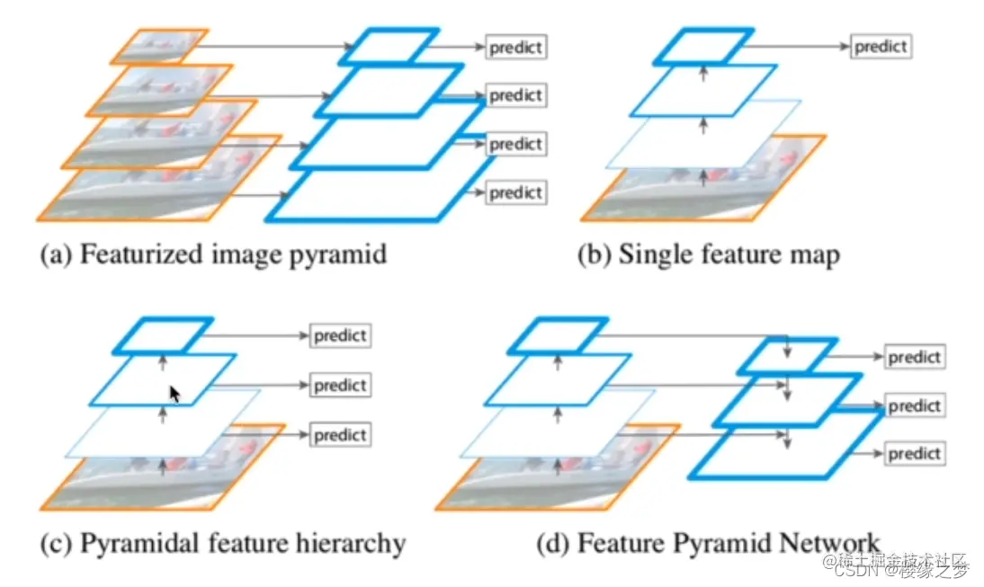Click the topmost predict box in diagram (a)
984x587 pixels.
point(515,46)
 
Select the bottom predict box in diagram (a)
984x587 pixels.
point(515,191)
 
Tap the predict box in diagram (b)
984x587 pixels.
point(881,46)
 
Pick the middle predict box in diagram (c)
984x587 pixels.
point(340,386)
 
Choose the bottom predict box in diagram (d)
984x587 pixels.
point(913,454)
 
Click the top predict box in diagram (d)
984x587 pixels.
point(913,358)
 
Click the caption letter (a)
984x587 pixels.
point(54,254)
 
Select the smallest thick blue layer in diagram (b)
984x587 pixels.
point(703,46)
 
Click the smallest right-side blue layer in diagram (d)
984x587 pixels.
point(788,356)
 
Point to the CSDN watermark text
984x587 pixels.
point(855,569)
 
